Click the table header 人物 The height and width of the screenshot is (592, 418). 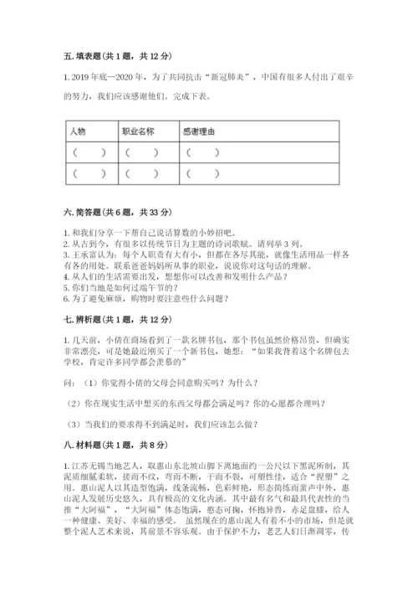tap(78, 131)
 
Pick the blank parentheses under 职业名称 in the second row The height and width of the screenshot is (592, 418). tap(142, 174)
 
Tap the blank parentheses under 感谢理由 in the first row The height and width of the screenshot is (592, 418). tap(203, 152)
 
